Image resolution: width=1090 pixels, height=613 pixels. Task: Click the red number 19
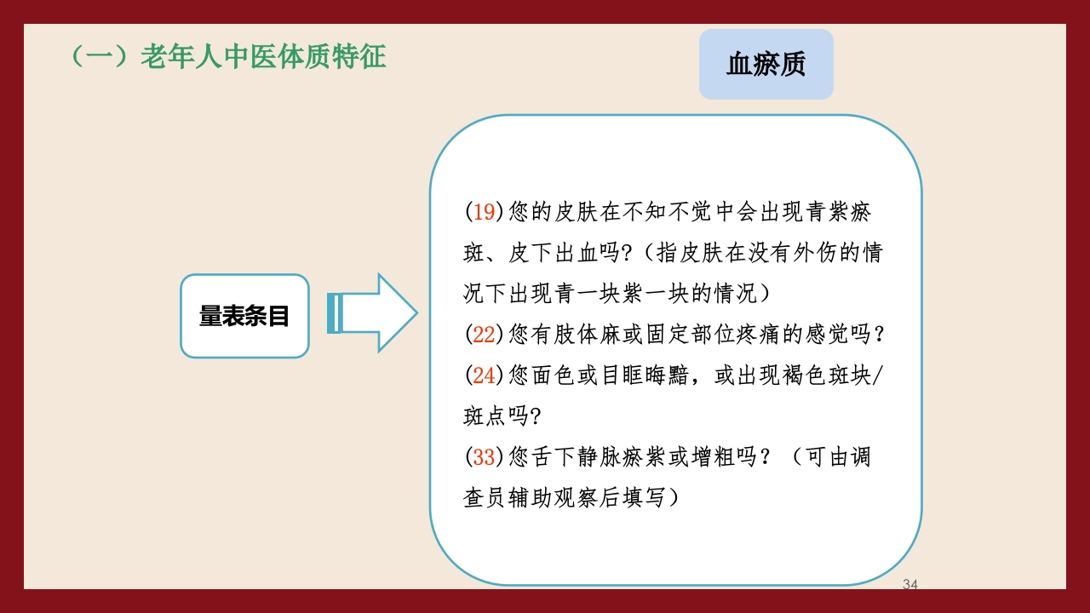[x=484, y=212]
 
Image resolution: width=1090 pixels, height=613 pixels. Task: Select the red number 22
[x=484, y=335]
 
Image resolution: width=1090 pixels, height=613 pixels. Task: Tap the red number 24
[x=484, y=375]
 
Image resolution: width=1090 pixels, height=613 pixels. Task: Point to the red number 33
[x=484, y=457]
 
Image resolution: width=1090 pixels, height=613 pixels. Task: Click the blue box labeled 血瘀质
[x=766, y=65]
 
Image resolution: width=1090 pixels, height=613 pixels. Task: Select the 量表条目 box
[x=244, y=316]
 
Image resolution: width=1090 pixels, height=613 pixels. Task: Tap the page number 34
[x=909, y=585]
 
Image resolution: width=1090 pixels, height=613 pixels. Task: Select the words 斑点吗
[x=495, y=416]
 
